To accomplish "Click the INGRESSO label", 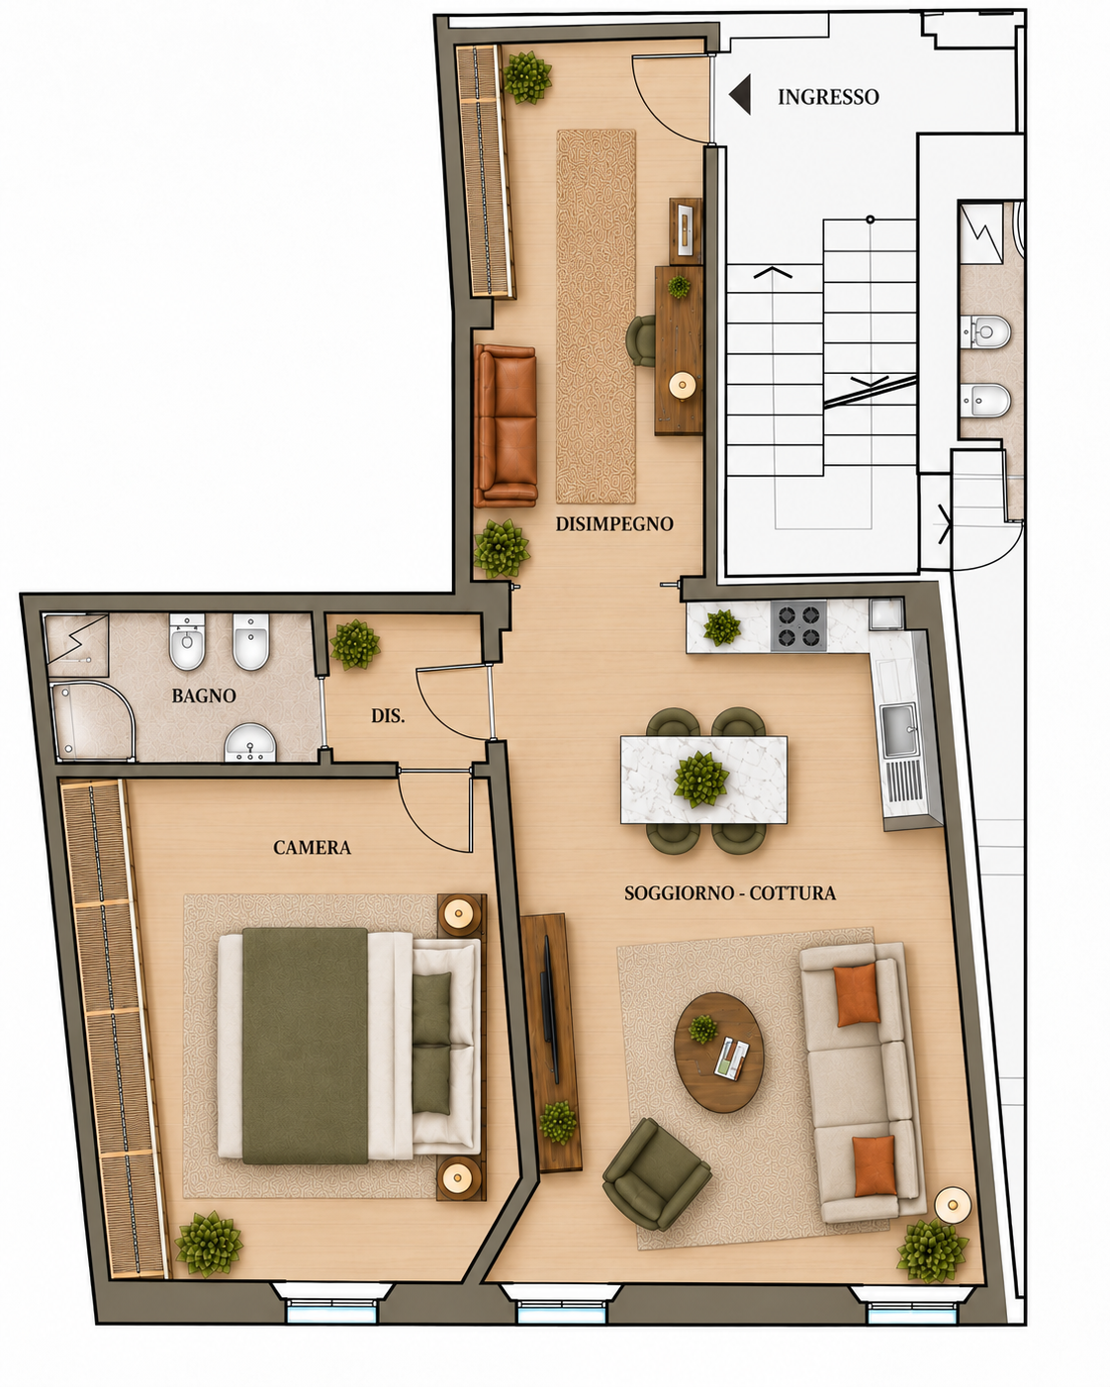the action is [828, 97].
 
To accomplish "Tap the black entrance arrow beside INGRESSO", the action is [740, 94].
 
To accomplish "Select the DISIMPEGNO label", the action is [614, 524].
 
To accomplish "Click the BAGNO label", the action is [204, 695].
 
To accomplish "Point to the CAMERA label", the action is [312, 847].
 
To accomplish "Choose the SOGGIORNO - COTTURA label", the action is [730, 892].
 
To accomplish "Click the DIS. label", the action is [388, 715].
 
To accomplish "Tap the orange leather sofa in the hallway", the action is [506, 425].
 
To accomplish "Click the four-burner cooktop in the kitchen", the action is [799, 626].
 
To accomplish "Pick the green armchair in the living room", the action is [656, 1174].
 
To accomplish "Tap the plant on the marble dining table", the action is [701, 780].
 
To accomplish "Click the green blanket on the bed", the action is [305, 1046].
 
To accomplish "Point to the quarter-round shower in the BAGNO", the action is [92, 720].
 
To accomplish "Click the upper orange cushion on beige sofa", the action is [857, 994].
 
